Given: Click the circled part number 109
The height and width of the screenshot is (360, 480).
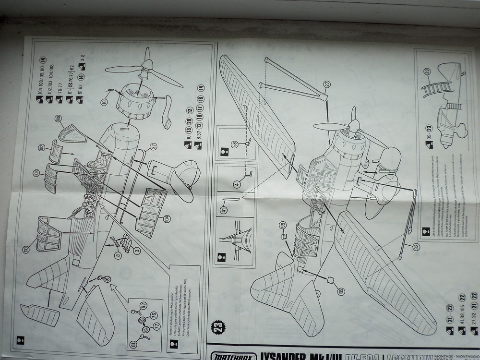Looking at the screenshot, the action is (x=58, y=118).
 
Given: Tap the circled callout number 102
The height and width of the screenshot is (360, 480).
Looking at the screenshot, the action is (x=41, y=147).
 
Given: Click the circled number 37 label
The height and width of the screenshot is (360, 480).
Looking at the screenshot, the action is (x=154, y=146).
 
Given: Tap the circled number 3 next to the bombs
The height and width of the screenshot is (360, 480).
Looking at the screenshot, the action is (x=137, y=250).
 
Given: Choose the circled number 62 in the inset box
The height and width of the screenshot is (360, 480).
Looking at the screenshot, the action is (x=143, y=304).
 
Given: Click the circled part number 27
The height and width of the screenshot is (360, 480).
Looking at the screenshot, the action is (x=327, y=84).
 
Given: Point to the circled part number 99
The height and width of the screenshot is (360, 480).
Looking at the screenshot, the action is (x=283, y=225).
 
